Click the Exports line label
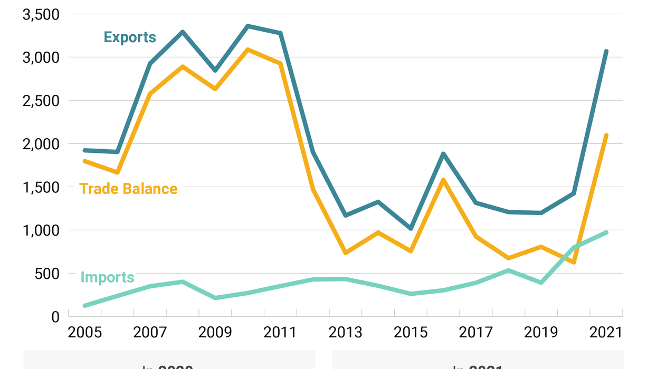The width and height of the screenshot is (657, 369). pyautogui.click(x=130, y=37)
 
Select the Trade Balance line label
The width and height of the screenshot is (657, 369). pyautogui.click(x=128, y=189)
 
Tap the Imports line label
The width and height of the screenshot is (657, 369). pyautogui.click(x=107, y=277)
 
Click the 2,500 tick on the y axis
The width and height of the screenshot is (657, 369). pyautogui.click(x=40, y=101)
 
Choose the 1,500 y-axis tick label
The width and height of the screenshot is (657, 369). pyautogui.click(x=40, y=187)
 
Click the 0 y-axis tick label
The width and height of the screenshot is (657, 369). pyautogui.click(x=55, y=317)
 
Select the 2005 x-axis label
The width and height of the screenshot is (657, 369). pyautogui.click(x=85, y=333)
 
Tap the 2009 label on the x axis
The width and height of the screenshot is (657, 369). pyautogui.click(x=215, y=333)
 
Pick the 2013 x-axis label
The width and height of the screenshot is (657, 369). pyautogui.click(x=346, y=333)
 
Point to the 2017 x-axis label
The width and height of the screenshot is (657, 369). pyautogui.click(x=476, y=333)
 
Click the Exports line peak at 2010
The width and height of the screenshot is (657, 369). pyautogui.click(x=248, y=26)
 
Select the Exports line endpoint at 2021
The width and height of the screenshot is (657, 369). pyautogui.click(x=606, y=51)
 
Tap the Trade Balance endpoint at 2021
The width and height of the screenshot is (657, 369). pyautogui.click(x=606, y=135)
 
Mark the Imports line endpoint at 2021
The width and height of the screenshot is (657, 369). pyautogui.click(x=606, y=232)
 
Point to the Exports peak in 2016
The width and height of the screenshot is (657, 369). pyautogui.click(x=443, y=154)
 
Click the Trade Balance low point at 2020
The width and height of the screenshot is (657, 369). pyautogui.click(x=574, y=262)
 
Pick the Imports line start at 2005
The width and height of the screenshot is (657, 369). pyautogui.click(x=85, y=306)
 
